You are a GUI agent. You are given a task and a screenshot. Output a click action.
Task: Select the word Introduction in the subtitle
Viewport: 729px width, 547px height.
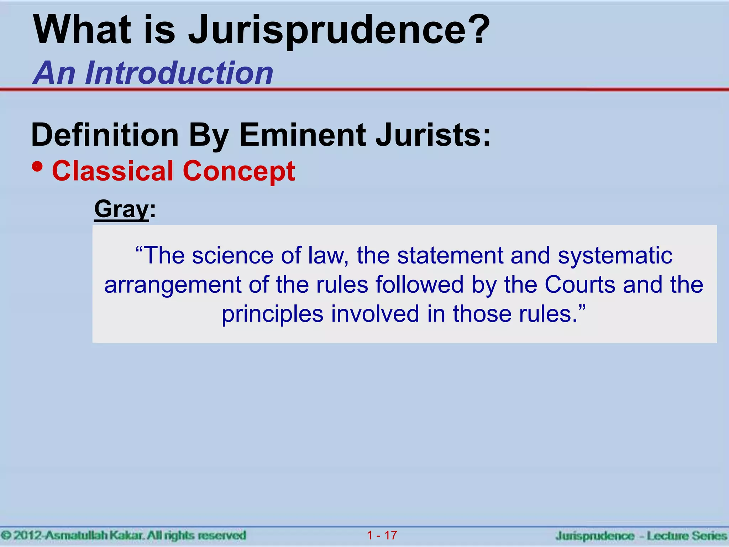pos(179,73)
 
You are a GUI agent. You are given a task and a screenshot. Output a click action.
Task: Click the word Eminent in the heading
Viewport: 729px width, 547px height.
pos(303,135)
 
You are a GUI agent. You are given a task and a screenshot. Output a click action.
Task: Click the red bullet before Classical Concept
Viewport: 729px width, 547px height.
pos(37,167)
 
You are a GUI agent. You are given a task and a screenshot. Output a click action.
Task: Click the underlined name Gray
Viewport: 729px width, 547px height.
pos(121,209)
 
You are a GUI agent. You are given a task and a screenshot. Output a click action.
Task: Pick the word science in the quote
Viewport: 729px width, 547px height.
pos(233,256)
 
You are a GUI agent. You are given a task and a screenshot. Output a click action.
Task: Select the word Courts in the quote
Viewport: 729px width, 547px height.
pos(580,285)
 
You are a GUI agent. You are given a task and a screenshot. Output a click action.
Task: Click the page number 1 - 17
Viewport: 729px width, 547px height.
pos(382,535)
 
